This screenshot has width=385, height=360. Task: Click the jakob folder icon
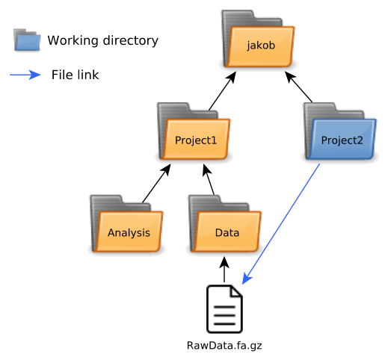[x=258, y=39]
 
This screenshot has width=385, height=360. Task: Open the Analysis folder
[x=126, y=223]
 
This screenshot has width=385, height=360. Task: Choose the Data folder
[x=225, y=223]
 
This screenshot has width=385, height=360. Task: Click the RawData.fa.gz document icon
[x=224, y=309]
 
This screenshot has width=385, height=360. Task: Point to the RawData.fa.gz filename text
[x=224, y=346]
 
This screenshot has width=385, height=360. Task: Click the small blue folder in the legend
[x=27, y=40]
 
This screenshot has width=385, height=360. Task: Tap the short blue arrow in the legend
[x=25, y=75]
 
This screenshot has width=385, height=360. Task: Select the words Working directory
[x=103, y=40]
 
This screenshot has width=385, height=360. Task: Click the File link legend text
[x=75, y=75]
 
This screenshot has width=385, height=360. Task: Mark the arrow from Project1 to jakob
[x=222, y=90]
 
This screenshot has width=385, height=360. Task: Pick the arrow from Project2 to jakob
[x=298, y=87]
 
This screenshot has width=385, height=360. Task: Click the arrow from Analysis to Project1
[x=156, y=183]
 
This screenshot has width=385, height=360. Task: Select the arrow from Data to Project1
[x=209, y=179]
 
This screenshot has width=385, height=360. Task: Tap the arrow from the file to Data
[x=224, y=270]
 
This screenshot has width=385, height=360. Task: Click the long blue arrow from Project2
[x=281, y=224]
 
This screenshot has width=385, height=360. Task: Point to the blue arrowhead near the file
[x=247, y=278]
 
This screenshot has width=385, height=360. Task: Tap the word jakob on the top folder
[x=261, y=46]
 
